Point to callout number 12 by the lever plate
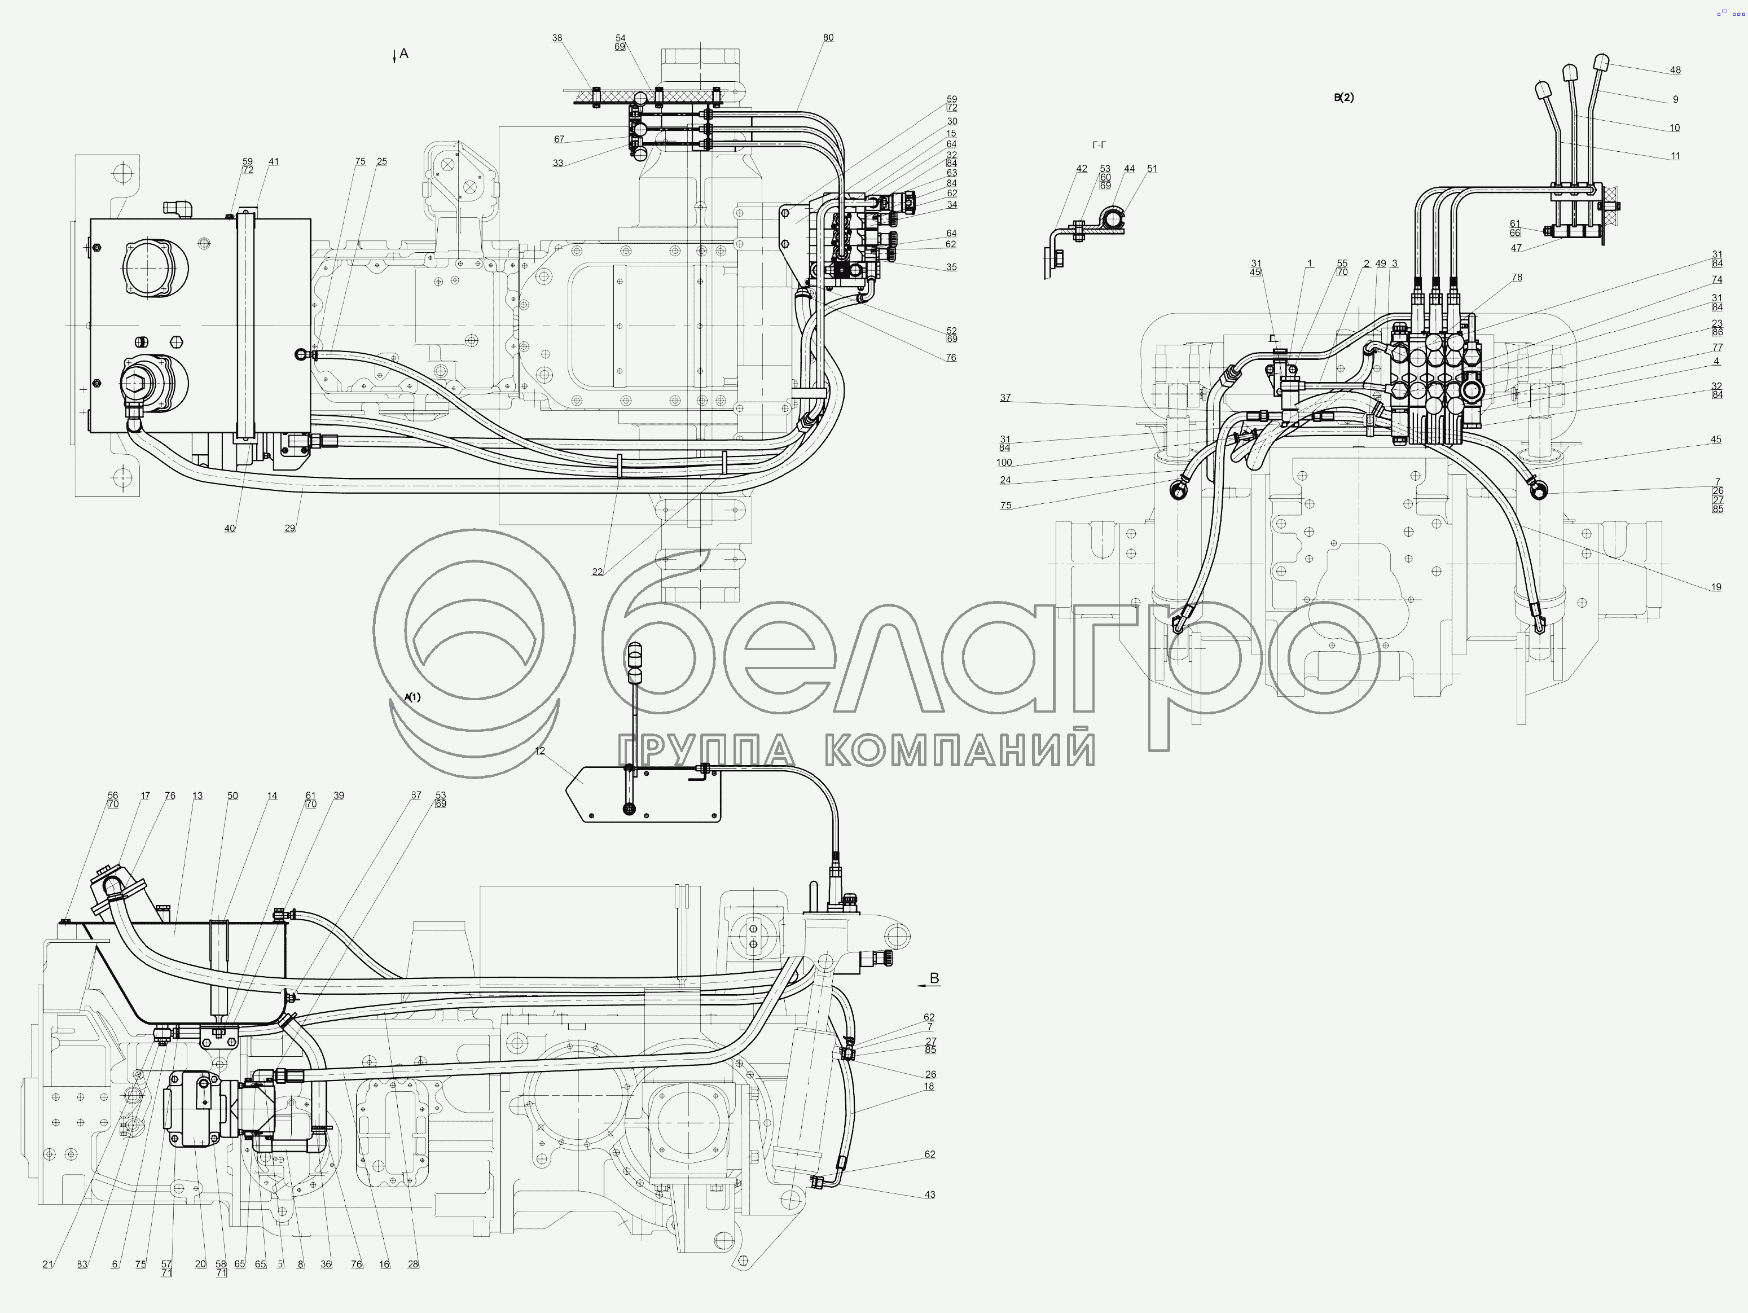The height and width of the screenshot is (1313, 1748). (540, 751)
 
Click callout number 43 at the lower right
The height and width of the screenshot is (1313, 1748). (929, 1195)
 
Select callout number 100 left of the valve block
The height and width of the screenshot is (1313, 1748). (1004, 463)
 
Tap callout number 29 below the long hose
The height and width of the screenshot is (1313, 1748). (290, 528)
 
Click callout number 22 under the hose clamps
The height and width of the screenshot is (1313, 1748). (598, 572)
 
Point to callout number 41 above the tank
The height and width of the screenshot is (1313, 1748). (274, 161)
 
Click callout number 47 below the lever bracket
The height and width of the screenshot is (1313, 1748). (1516, 248)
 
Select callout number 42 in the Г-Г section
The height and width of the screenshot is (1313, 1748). (1082, 168)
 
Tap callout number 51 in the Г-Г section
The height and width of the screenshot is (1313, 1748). (1152, 168)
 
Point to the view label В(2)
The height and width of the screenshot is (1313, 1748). (1343, 98)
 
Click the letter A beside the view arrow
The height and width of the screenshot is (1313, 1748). (404, 54)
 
